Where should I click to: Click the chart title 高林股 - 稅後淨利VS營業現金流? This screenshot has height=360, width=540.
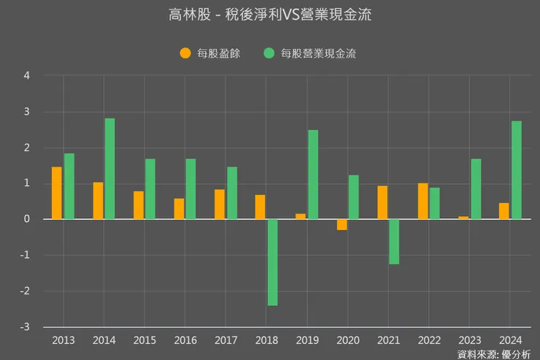269,15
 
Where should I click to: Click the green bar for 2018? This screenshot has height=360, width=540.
272,262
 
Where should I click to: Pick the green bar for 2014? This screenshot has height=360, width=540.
110,169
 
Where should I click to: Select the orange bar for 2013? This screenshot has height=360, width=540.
57,193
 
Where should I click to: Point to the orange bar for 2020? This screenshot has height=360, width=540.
342,224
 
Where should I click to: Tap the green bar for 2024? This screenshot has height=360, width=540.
516,170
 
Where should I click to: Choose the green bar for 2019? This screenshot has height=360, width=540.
313,175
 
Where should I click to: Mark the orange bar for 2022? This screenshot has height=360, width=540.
423,201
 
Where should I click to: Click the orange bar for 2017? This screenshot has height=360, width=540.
220,204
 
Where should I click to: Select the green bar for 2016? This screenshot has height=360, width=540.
191,189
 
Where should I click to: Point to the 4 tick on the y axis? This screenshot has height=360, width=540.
27,76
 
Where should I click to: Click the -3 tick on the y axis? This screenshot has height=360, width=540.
26,327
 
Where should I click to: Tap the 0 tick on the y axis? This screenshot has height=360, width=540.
27,219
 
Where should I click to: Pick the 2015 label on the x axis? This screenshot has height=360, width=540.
144,340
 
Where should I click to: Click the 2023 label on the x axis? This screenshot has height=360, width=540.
469,340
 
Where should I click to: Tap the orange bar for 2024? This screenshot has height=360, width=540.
504,211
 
